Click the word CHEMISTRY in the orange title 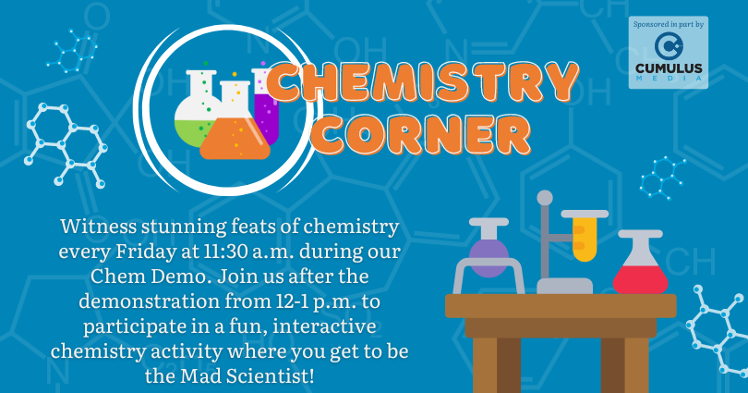point(423,81)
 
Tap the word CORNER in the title point(423,135)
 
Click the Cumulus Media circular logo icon point(669,46)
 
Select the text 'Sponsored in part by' point(669,24)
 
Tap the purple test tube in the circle point(265,106)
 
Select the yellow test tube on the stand point(585,236)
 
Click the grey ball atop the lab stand point(544,198)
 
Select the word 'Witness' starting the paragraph point(98,227)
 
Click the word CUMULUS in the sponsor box point(669,68)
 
